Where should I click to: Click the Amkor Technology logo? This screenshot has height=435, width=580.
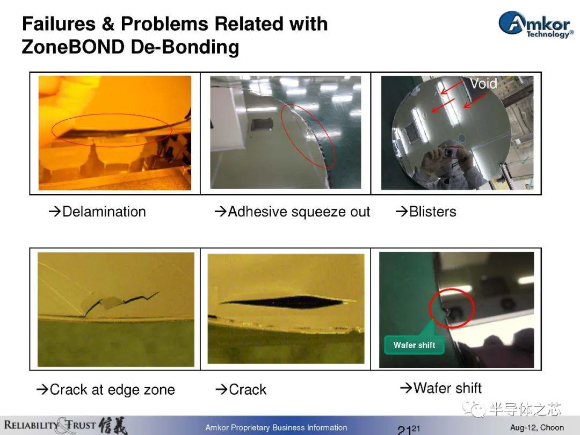[x=535, y=24]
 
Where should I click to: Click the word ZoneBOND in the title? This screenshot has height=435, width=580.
[x=73, y=47]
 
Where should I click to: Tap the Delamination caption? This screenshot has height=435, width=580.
[x=97, y=212]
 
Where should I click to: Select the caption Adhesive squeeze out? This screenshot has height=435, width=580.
[x=292, y=212]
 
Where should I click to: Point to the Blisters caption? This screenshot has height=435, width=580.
[x=426, y=212]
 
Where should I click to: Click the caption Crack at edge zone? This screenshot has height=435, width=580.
[x=105, y=389]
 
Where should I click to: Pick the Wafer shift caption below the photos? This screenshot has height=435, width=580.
[x=441, y=388]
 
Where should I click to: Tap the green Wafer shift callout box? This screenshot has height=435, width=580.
[x=414, y=345]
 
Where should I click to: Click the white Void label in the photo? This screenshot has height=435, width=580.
[x=483, y=84]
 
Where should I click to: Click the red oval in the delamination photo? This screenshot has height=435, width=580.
[x=52, y=129]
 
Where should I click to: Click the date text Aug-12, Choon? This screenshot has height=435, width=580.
[x=537, y=427]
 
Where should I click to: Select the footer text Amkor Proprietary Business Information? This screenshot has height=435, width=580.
[x=277, y=427]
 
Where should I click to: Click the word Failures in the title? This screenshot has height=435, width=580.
[x=59, y=24]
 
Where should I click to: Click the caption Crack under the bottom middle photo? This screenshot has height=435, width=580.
[x=241, y=389]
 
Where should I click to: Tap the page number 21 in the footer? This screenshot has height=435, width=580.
[x=404, y=430]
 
